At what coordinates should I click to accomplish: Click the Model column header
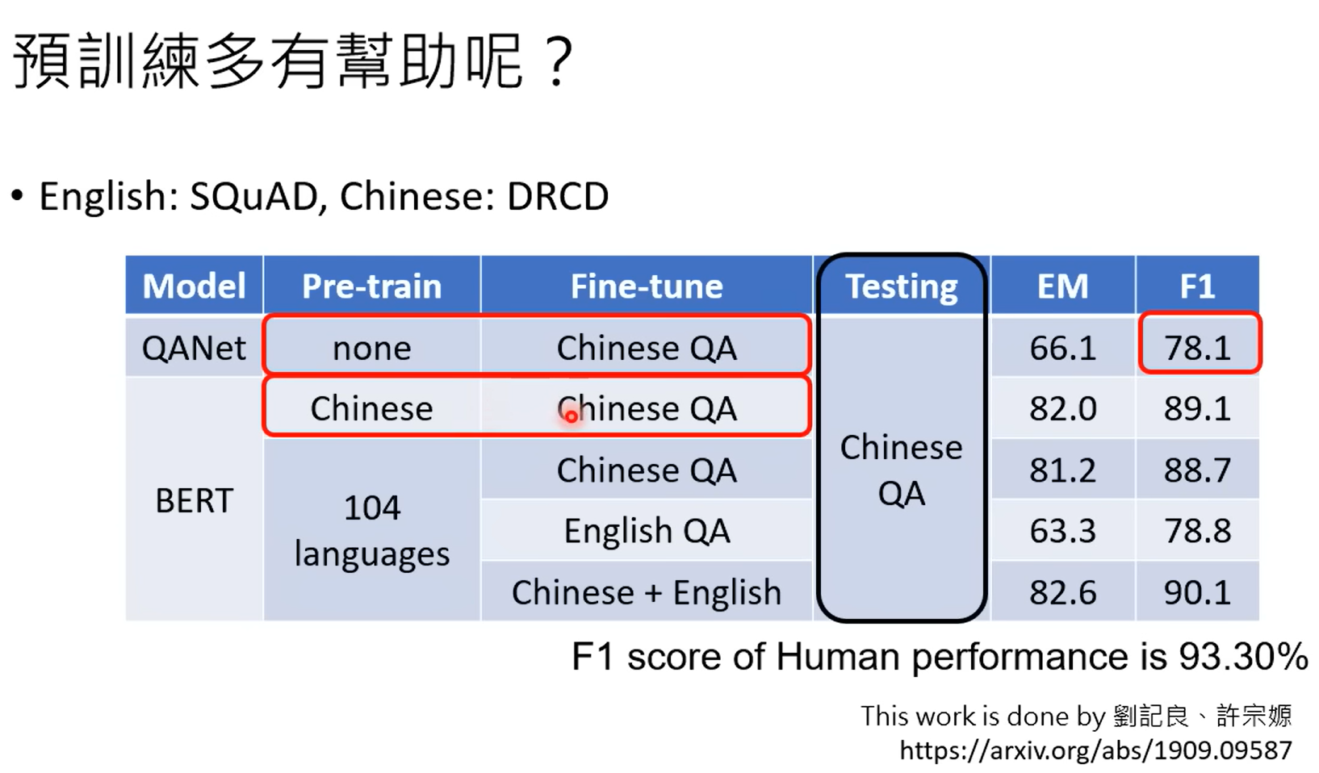[194, 286]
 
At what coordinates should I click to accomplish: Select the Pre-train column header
[371, 286]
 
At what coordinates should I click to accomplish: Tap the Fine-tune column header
[647, 286]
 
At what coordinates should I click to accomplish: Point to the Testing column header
[902, 286]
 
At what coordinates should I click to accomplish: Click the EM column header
[1063, 286]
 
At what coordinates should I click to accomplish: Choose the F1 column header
[1198, 286]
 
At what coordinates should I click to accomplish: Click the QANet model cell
[194, 347]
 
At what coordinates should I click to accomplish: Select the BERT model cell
[194, 500]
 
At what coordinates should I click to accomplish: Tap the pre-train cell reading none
[371, 347]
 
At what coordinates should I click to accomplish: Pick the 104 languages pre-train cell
[371, 530]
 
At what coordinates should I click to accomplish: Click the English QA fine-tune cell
[647, 530]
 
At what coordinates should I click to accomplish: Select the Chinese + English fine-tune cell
[647, 591]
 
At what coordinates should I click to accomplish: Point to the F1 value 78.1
[1198, 347]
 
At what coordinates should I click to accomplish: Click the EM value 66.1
[1063, 347]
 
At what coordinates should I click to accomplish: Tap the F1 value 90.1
[1198, 592]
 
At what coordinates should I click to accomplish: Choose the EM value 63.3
[1063, 531]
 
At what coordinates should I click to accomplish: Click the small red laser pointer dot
[571, 417]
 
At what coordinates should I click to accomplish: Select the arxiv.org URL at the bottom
[1096, 750]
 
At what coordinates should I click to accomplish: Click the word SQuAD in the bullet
[253, 196]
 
